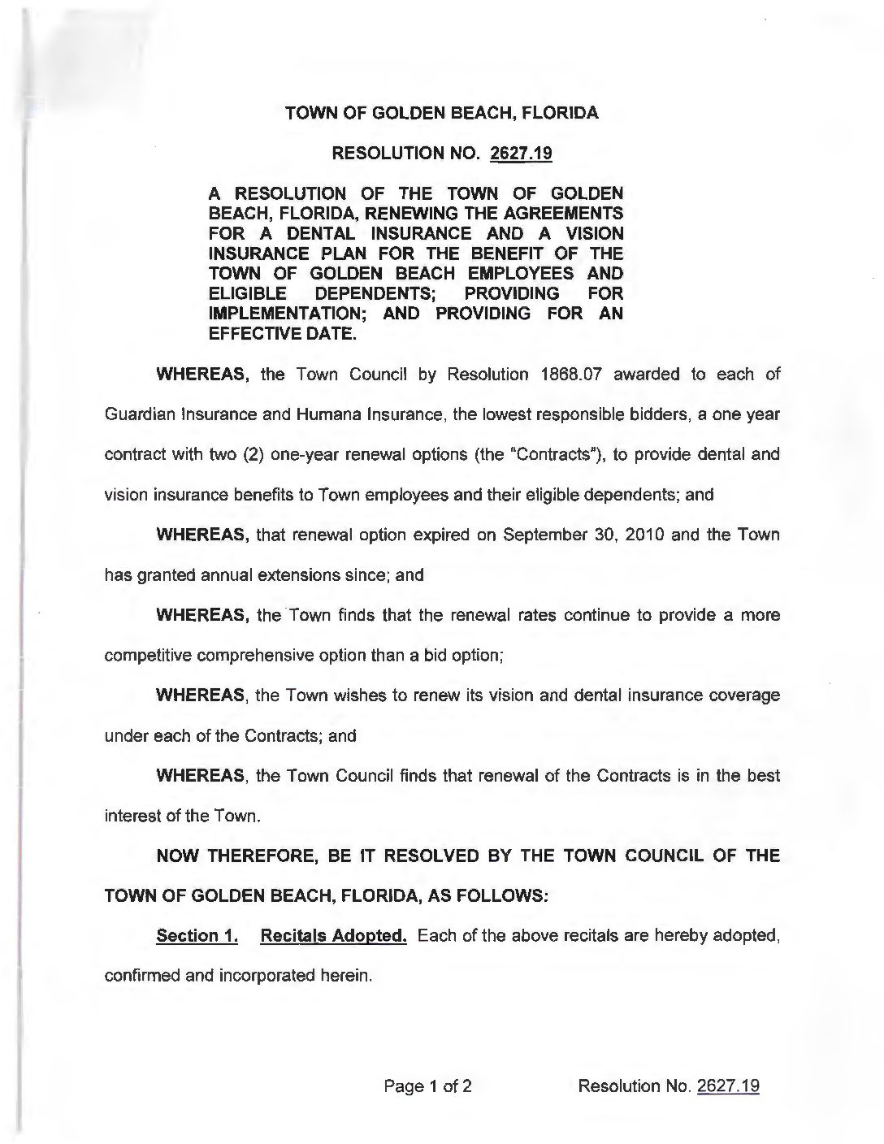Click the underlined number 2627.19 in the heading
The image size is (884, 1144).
(521, 154)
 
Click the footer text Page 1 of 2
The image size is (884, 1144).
(428, 1085)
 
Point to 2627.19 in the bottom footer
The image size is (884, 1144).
(728, 1085)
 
